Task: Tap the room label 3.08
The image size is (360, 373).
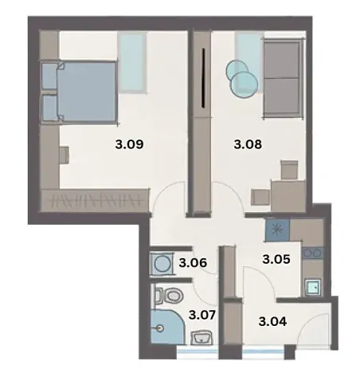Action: tap(247, 146)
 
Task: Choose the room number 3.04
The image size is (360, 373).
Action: tap(273, 322)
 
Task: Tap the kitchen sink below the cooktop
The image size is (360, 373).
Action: tap(313, 285)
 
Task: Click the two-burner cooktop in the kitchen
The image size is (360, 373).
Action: tap(313, 256)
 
